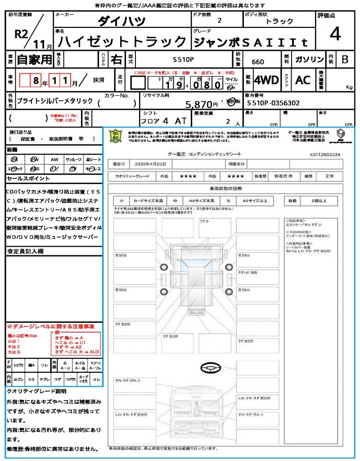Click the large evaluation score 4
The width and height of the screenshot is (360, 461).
click(x=334, y=34)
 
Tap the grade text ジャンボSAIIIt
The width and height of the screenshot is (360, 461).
click(x=251, y=42)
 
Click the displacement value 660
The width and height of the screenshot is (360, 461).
click(x=258, y=62)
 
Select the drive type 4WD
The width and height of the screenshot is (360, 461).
click(x=266, y=80)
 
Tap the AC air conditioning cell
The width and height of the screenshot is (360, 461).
click(x=303, y=80)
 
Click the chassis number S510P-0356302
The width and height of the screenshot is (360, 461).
click(x=274, y=103)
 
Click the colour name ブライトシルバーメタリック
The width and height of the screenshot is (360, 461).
click(x=55, y=101)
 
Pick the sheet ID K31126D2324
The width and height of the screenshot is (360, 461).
click(x=325, y=154)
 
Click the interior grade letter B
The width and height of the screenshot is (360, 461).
click(x=344, y=59)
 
